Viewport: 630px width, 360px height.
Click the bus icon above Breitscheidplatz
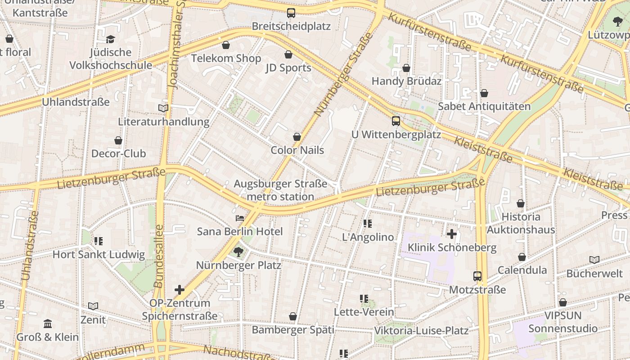291,13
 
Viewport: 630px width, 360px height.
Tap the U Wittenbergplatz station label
396,134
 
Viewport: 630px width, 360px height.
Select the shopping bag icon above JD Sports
288,55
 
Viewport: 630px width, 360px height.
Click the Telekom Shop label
226,58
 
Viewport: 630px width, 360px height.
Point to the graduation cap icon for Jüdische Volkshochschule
111,40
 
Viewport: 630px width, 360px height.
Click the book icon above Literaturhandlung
163,108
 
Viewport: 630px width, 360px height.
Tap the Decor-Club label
118,153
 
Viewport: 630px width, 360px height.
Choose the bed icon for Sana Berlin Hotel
240,219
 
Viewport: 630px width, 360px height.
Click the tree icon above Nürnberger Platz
238,252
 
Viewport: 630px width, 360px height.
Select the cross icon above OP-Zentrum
180,290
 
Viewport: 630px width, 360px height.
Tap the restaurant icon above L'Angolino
368,224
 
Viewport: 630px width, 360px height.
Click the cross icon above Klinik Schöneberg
452,234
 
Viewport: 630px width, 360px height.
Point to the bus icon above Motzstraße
477,276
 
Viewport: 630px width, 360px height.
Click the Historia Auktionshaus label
521,223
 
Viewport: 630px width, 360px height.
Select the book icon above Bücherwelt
594,260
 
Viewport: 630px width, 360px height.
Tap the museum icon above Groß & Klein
48,324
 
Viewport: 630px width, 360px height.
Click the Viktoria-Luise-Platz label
421,331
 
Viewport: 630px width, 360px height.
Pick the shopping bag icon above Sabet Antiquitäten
484,94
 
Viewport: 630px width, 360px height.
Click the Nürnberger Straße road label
345,74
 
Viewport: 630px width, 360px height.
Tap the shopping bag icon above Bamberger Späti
293,317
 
